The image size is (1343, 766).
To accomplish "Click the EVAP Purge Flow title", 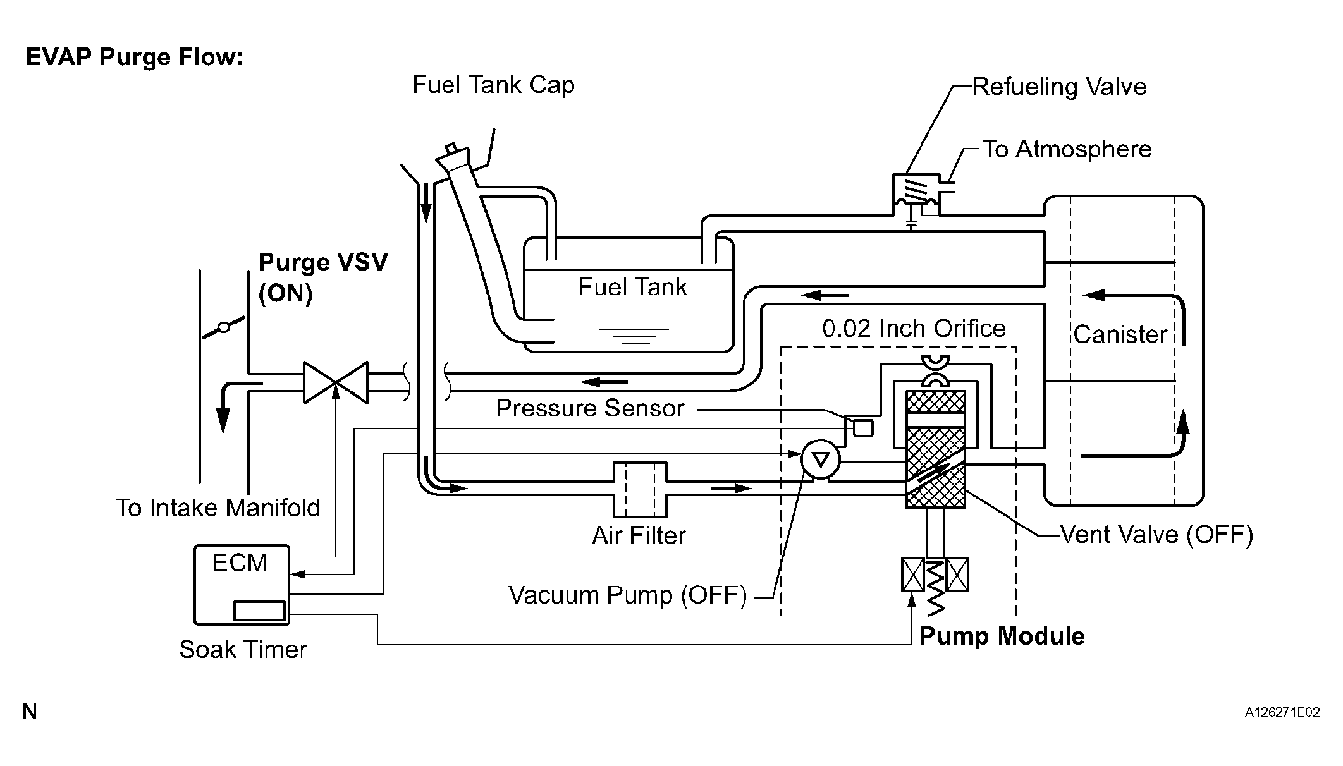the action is click(x=135, y=58).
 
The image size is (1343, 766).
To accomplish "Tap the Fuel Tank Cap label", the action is click(x=493, y=85).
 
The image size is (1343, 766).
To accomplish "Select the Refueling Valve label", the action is click(x=1059, y=87).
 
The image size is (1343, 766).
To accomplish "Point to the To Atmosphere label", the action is click(x=1067, y=149).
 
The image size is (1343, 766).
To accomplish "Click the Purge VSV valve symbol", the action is click(x=336, y=382).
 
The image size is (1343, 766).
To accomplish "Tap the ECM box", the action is click(x=242, y=585).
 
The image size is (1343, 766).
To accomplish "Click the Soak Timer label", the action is click(x=243, y=650).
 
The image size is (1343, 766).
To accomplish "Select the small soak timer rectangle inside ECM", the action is click(x=259, y=611).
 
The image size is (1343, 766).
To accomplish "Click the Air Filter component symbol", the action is click(x=640, y=489).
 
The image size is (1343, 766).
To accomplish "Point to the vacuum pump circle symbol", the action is click(x=820, y=459).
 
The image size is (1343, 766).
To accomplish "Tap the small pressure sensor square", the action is click(x=863, y=428).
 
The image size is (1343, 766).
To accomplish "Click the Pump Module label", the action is click(x=1002, y=636).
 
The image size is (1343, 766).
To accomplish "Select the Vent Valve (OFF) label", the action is click(x=1156, y=535).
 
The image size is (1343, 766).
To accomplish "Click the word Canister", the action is click(x=1120, y=334).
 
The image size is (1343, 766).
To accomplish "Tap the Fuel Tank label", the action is click(x=632, y=287).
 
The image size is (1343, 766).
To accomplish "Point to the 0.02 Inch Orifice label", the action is click(x=914, y=329).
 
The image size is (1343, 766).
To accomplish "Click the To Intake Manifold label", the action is click(x=218, y=508).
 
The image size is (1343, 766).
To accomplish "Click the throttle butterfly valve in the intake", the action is click(x=224, y=327).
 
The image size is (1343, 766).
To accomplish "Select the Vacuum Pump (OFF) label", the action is click(x=628, y=595).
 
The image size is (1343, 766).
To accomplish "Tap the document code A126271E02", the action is click(x=1282, y=712).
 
